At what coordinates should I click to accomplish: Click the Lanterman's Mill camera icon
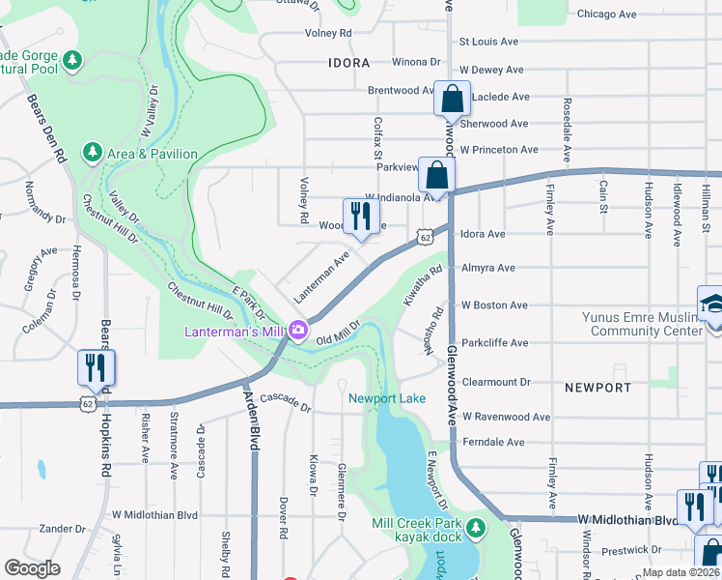coord(298,332)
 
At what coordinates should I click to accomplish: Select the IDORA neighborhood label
coord(348,63)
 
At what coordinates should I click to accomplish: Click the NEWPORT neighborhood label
coord(598,388)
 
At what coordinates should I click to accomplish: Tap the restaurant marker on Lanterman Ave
coord(360,217)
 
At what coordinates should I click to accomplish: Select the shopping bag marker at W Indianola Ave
coord(437,177)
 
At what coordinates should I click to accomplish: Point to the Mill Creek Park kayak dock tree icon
coord(475,527)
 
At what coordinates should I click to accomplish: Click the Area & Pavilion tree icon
coord(93,153)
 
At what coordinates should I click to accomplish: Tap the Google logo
coord(32,567)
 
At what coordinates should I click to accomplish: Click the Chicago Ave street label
coord(606,14)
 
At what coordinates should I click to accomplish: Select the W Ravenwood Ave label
coord(506,417)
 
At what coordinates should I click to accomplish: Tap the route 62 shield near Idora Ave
coord(425,236)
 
